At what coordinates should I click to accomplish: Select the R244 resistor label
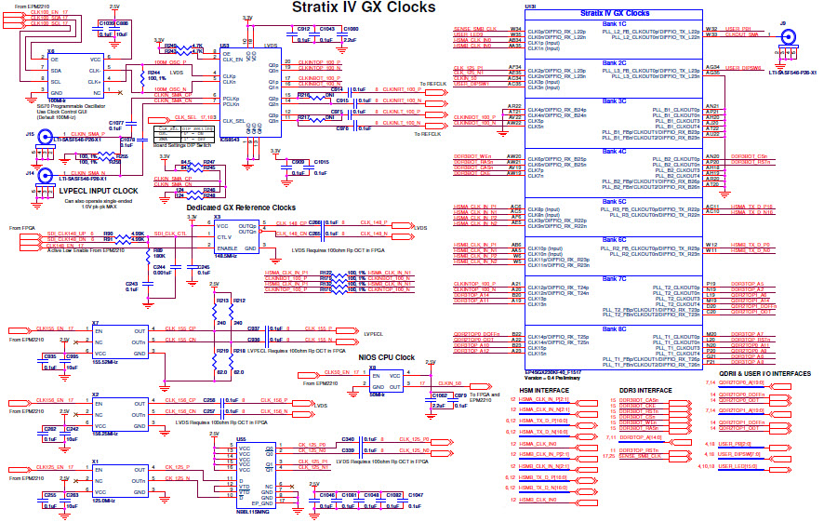coord(154,72)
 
